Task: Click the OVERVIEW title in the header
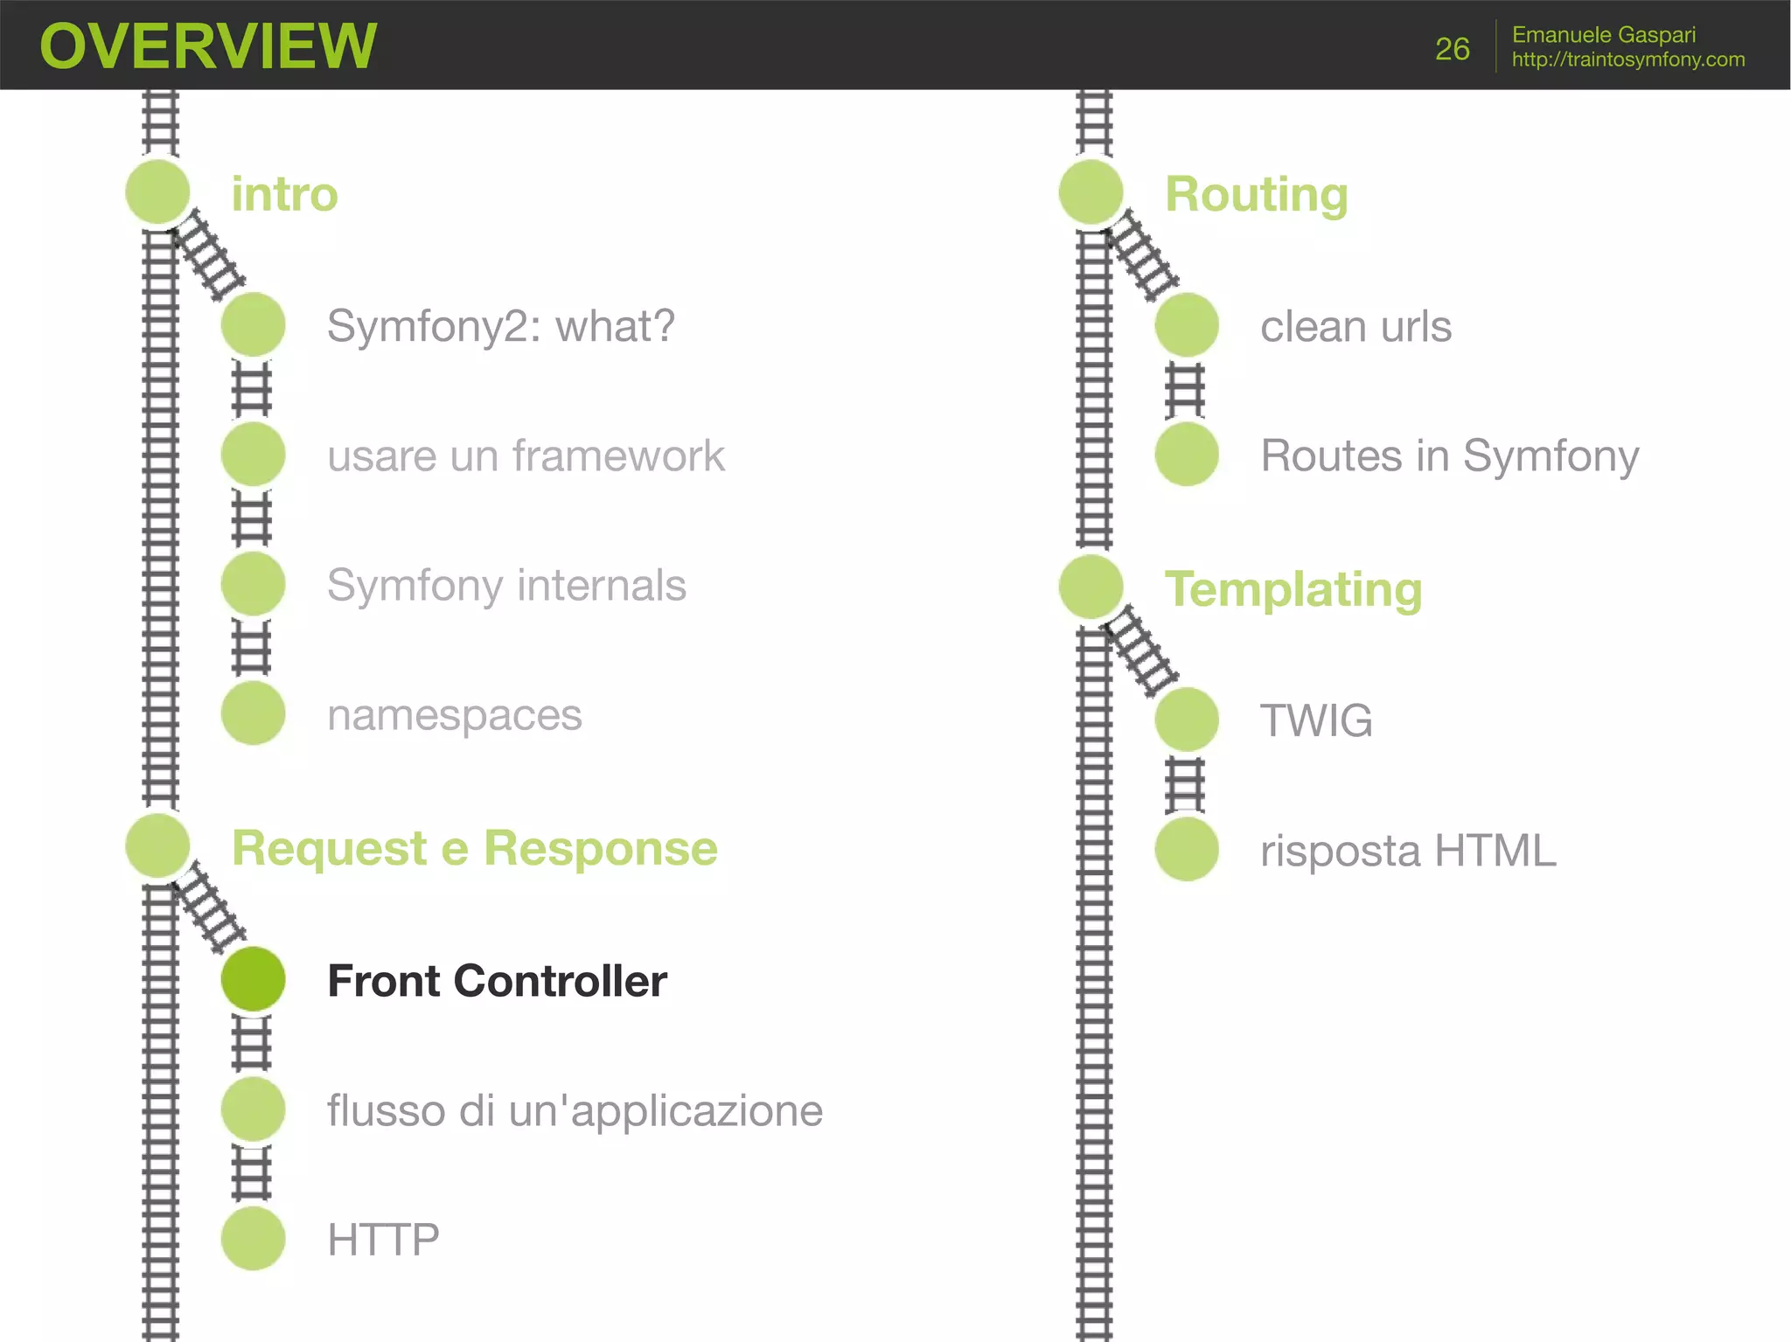(x=208, y=46)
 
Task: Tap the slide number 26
(x=1452, y=49)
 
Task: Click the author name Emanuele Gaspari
(x=1603, y=35)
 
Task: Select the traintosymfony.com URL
(x=1627, y=59)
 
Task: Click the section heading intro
(x=284, y=194)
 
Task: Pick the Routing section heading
(x=1256, y=194)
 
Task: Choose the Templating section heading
(x=1293, y=589)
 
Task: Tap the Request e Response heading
(x=474, y=848)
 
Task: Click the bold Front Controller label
(x=497, y=981)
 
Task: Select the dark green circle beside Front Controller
(x=254, y=979)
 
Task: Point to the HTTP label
(x=383, y=1240)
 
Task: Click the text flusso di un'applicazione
(x=575, y=1110)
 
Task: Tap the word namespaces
(x=454, y=715)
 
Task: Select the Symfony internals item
(x=506, y=586)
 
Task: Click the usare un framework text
(x=526, y=455)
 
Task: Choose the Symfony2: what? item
(x=500, y=326)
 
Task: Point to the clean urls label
(x=1355, y=326)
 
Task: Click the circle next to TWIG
(x=1187, y=720)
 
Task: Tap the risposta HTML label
(x=1408, y=850)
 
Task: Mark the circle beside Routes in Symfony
(x=1187, y=455)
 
